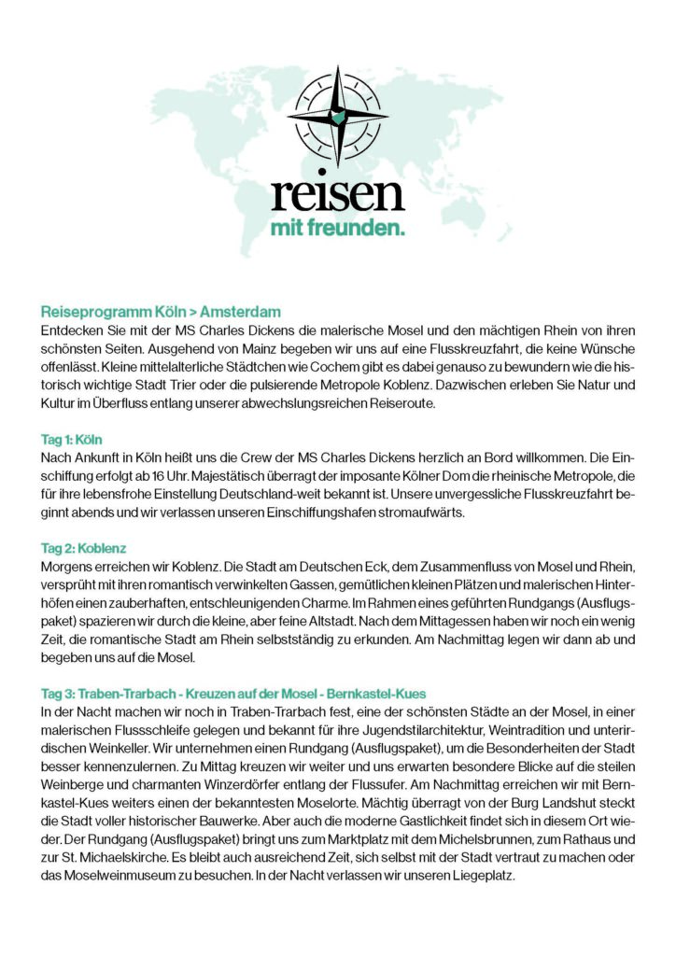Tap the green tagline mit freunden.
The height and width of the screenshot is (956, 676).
337,230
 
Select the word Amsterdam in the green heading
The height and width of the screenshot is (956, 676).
240,312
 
